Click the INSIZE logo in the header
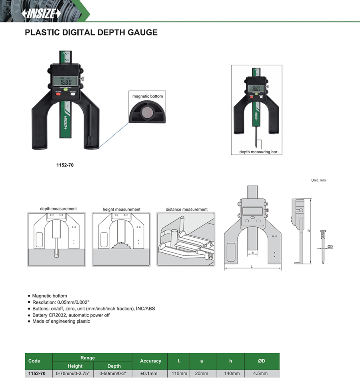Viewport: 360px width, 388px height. (x=41, y=14)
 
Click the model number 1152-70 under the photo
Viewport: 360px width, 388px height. (x=65, y=164)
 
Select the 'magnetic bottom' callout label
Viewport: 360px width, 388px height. (x=148, y=96)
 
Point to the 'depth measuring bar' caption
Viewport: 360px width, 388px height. (x=255, y=152)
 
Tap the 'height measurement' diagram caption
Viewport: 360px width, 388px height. (x=122, y=209)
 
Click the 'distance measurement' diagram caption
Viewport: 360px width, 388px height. (x=187, y=209)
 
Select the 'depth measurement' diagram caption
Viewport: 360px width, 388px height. (x=58, y=209)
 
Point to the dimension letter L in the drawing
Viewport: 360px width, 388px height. (x=251, y=266)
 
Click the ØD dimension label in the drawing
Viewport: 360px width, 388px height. (x=330, y=246)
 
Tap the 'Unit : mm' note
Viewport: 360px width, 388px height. (x=318, y=180)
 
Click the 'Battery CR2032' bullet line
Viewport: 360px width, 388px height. (x=71, y=315)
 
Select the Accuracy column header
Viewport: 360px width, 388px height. (x=150, y=361)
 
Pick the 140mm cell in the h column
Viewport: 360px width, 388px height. (x=230, y=374)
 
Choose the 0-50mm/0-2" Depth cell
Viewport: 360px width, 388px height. (x=114, y=374)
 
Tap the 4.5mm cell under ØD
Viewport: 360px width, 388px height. (x=261, y=374)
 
